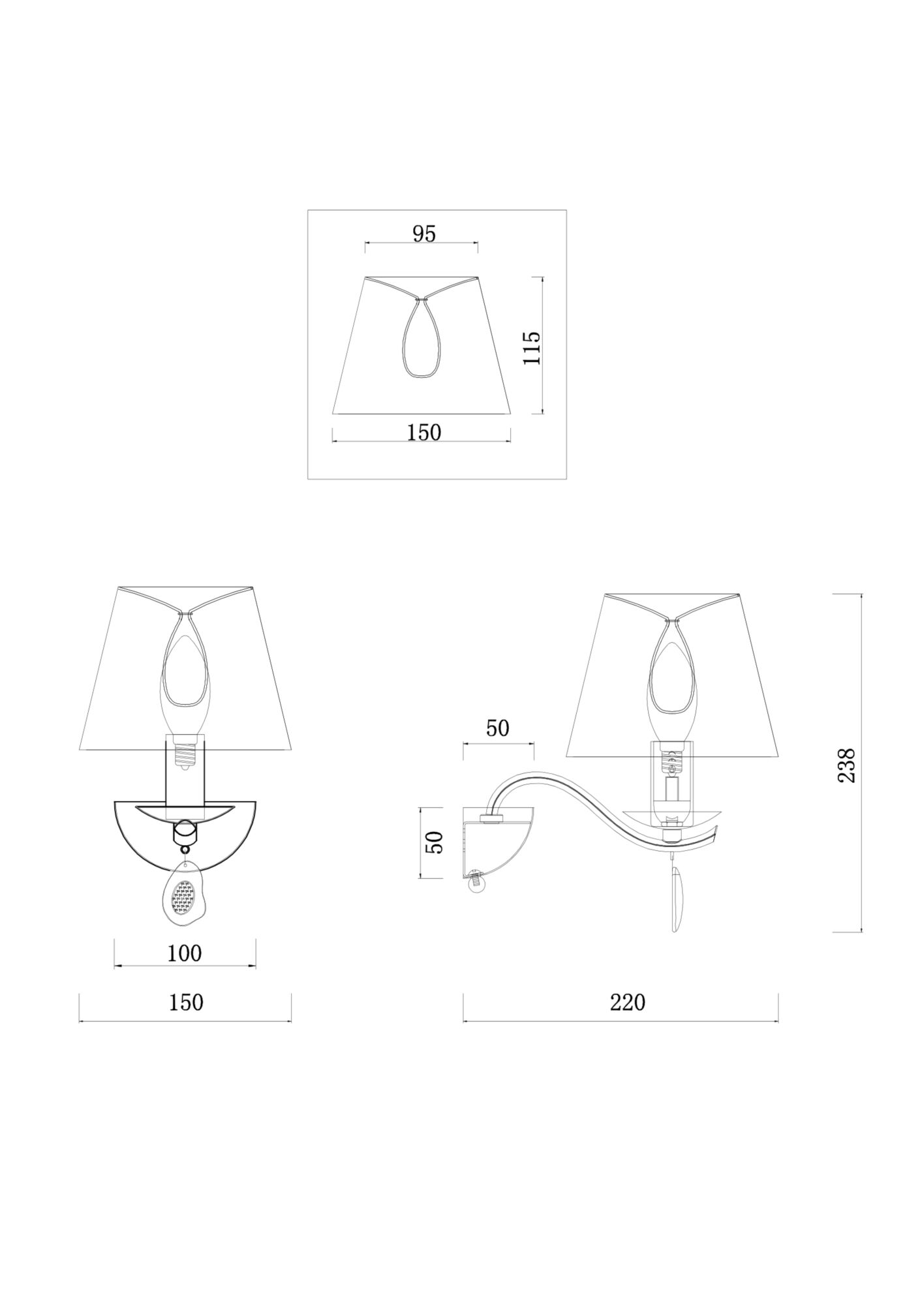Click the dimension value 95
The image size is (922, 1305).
coord(423,234)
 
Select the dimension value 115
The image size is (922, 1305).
coord(532,348)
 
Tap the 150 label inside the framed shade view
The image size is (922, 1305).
coord(423,432)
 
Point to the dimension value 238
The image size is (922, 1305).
coord(846,765)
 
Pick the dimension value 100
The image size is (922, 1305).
coord(185,953)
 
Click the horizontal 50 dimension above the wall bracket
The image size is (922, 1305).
coord(497,728)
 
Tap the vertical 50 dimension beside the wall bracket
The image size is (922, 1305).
coord(435,842)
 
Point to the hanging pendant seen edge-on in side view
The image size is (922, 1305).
coord(677,898)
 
